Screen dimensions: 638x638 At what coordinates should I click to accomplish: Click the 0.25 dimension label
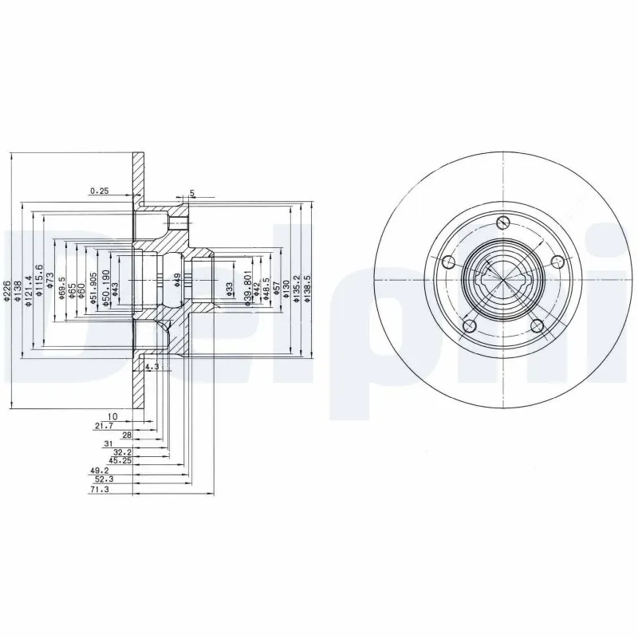(100, 191)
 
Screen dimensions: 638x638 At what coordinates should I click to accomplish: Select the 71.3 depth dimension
(100, 490)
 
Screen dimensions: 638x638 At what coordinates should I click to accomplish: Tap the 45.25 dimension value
(120, 459)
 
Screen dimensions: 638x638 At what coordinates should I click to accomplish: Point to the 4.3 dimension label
(152, 367)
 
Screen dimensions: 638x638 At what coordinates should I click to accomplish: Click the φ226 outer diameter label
(6, 293)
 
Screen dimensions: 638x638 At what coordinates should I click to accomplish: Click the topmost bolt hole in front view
(502, 223)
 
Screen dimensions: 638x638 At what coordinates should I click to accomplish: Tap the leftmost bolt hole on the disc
(448, 262)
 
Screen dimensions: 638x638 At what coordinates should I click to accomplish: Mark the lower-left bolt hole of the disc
(469, 325)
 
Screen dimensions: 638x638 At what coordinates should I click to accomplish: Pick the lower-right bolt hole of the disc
(537, 325)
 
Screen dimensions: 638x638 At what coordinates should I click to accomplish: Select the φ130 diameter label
(286, 288)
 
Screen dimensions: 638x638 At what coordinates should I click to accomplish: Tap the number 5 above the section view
(192, 194)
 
